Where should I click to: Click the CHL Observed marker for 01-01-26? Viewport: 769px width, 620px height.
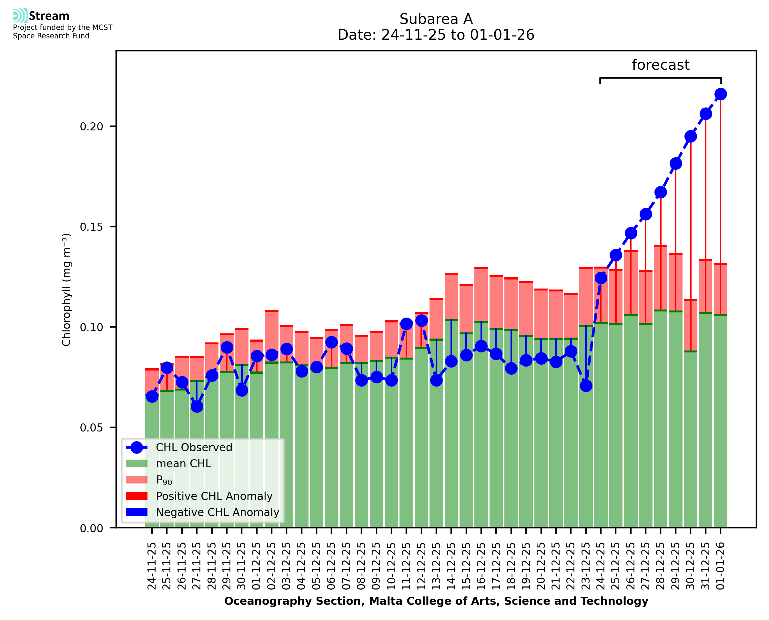click(x=721, y=94)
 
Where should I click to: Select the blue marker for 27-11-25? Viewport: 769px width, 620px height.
click(x=197, y=406)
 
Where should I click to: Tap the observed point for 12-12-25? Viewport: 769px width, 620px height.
click(x=421, y=321)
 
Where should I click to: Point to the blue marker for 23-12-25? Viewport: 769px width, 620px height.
click(x=586, y=386)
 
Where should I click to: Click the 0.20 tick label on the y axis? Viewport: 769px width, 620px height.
click(x=91, y=127)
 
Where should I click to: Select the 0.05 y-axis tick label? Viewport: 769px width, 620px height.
click(x=91, y=428)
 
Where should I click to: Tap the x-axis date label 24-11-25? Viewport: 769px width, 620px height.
click(x=152, y=566)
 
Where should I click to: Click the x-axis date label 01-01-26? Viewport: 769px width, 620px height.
click(x=721, y=566)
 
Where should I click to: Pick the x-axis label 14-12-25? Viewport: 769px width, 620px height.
click(x=451, y=566)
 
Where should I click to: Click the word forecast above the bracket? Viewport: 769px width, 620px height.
click(x=661, y=65)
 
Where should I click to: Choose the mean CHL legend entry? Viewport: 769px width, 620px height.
click(x=184, y=463)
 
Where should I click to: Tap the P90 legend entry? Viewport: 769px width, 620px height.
click(x=164, y=480)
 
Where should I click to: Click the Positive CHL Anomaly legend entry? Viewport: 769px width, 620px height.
click(x=214, y=496)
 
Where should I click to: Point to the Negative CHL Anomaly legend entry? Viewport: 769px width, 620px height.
click(x=218, y=512)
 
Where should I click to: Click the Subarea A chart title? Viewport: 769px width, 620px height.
click(x=436, y=19)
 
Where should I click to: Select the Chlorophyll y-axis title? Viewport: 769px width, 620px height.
click(x=66, y=290)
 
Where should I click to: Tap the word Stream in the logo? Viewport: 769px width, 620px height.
click(x=49, y=16)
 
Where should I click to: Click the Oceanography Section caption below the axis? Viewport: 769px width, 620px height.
click(x=436, y=601)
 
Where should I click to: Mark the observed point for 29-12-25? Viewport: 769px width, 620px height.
click(x=675, y=164)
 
